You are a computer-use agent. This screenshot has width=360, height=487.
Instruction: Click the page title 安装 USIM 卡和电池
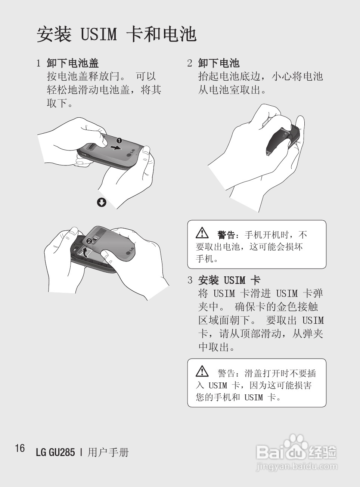[116, 34]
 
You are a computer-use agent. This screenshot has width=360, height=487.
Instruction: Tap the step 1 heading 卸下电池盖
[72, 63]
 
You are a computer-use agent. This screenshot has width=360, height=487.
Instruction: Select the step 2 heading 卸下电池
[218, 63]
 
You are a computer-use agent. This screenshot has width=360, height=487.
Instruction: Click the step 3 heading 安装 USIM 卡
[229, 280]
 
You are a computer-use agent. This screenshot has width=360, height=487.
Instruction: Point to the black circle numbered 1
[119, 141]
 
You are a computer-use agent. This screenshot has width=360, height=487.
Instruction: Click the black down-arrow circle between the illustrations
[102, 202]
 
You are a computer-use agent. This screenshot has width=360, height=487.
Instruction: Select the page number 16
[20, 448]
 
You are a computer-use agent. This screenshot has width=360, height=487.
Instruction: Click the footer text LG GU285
[55, 453]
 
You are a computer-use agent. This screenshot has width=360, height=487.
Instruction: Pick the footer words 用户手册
[108, 453]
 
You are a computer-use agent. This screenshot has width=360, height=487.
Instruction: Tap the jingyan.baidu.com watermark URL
[297, 466]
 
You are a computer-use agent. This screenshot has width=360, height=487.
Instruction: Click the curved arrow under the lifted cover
[86, 252]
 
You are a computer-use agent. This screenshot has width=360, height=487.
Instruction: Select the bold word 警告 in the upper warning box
[226, 235]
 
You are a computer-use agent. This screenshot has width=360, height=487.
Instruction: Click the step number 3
[190, 280]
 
